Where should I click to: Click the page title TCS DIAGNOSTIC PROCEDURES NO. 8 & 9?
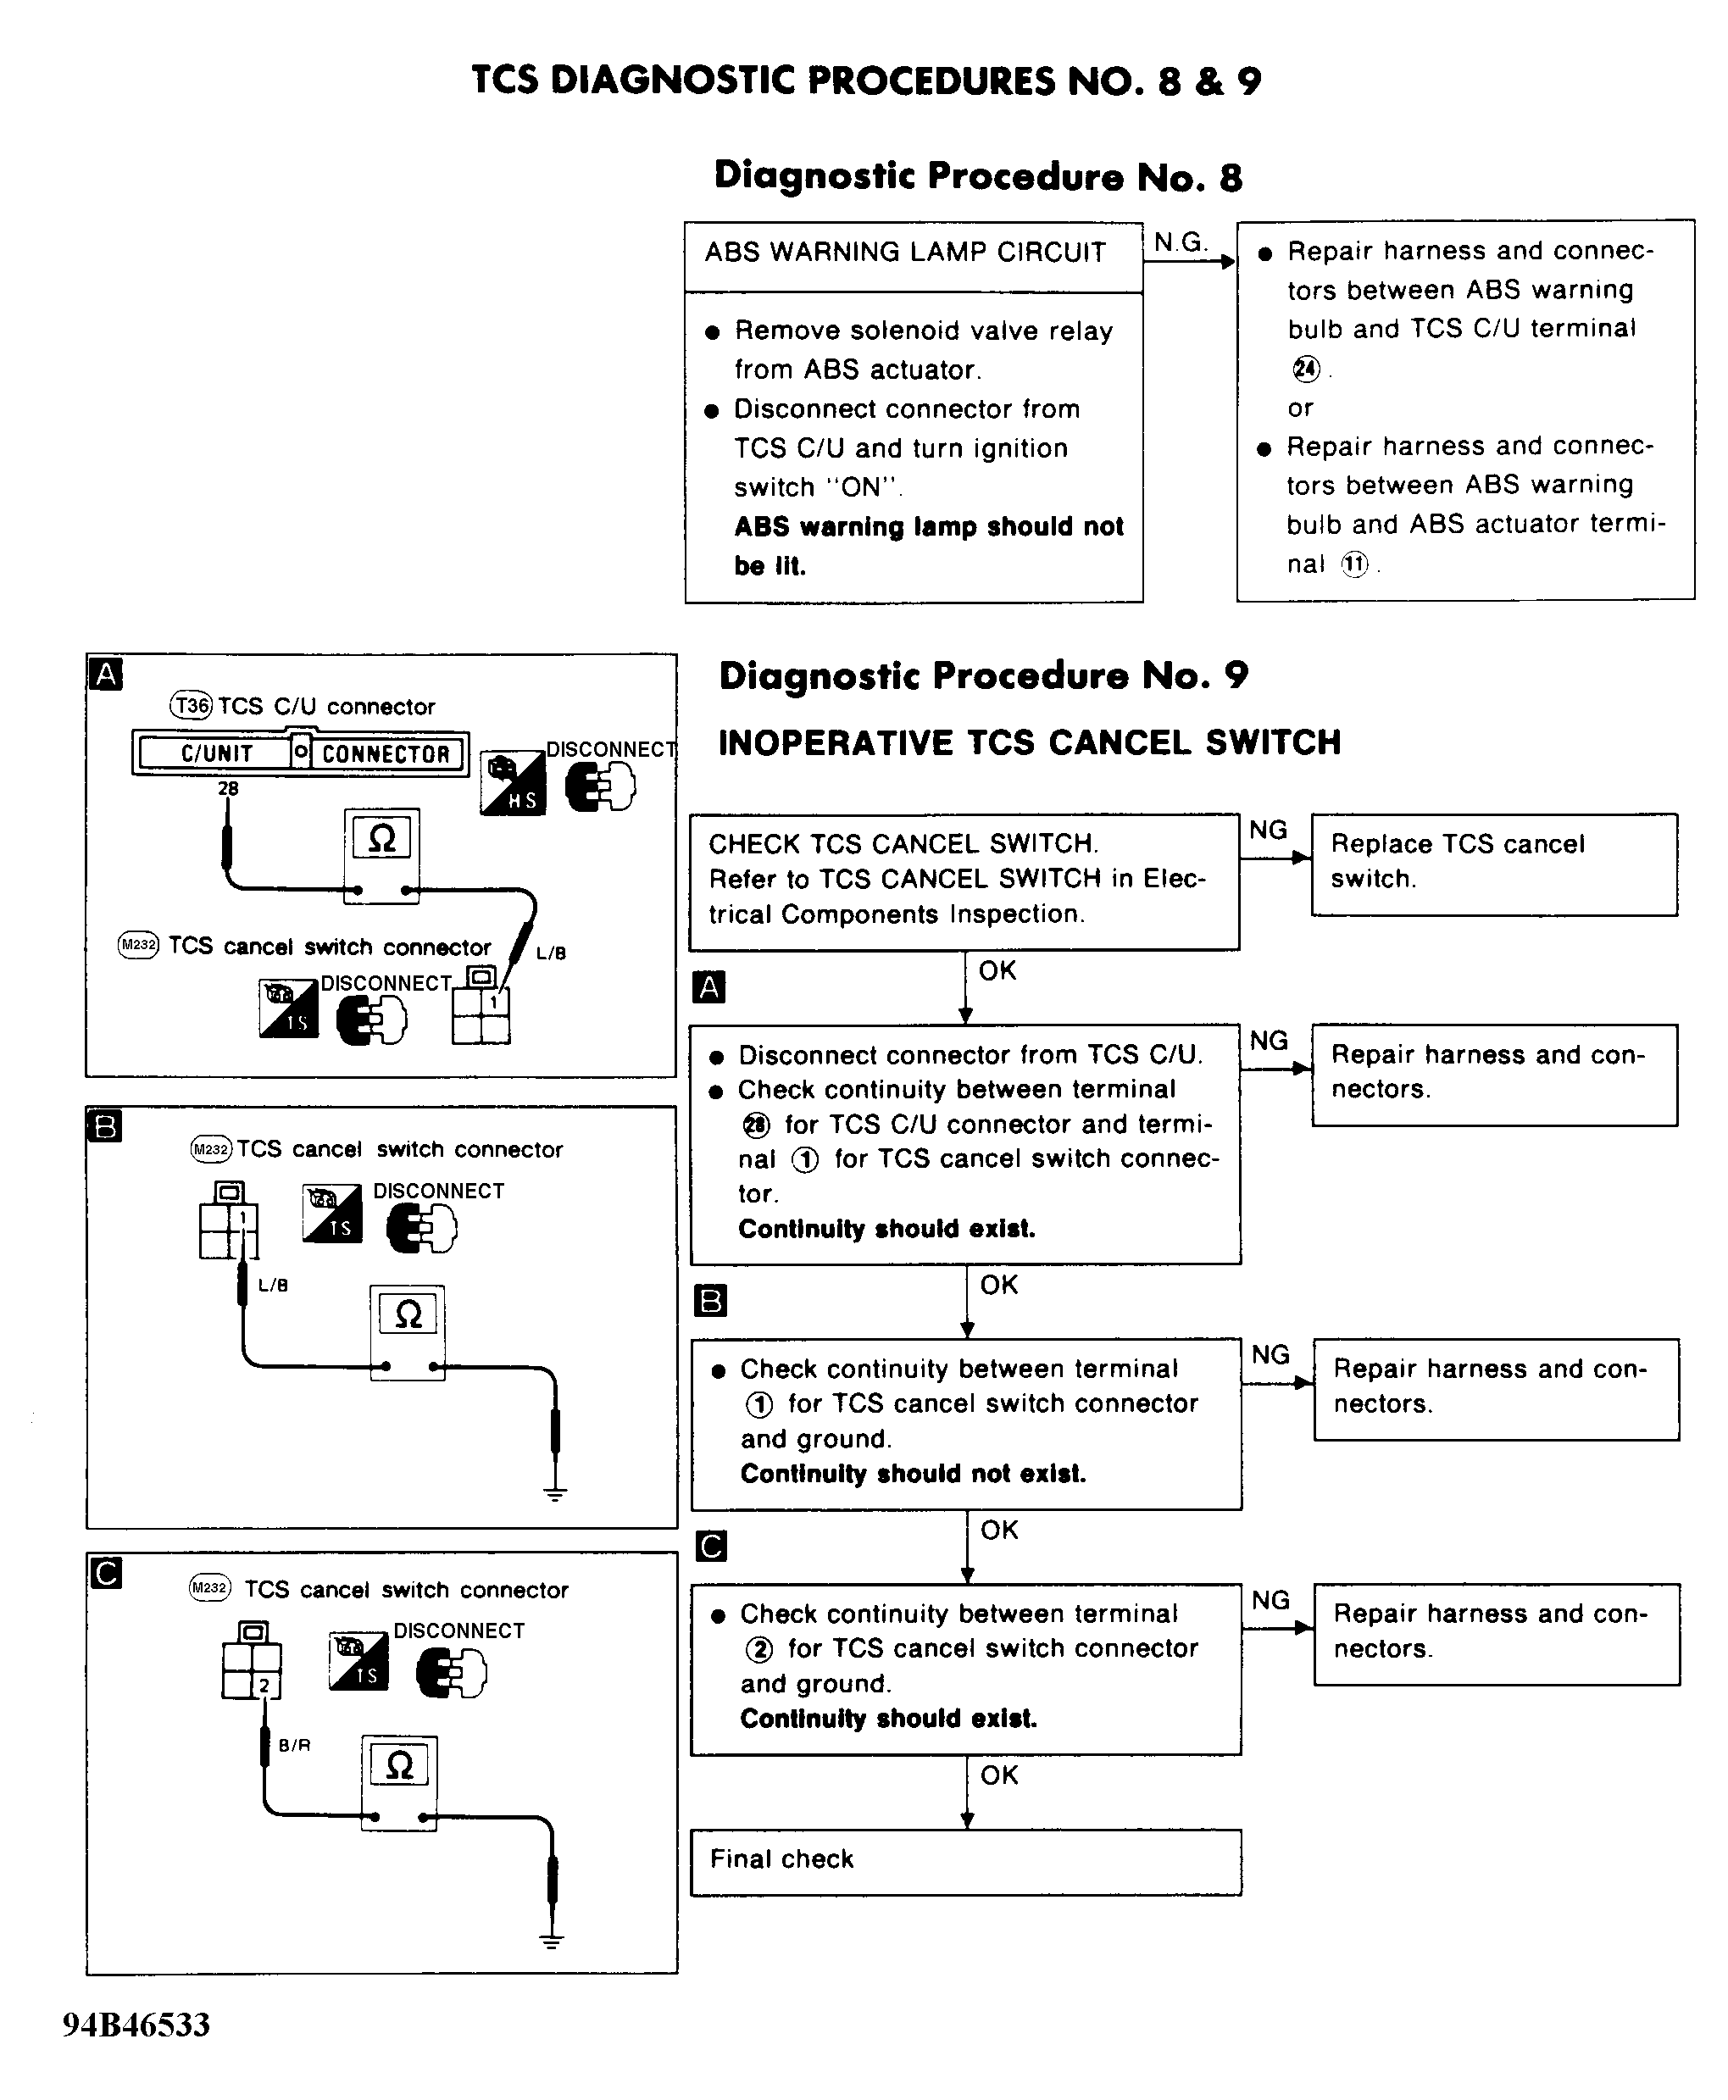click(x=866, y=81)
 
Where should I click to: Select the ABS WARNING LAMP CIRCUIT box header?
click(x=906, y=253)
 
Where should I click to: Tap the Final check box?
click(x=964, y=1859)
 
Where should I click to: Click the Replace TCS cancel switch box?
click(x=1493, y=863)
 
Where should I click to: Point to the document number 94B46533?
click(x=136, y=2025)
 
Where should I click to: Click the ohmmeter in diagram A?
click(x=381, y=854)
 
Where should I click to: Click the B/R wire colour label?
click(x=295, y=1745)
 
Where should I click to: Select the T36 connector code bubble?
click(x=192, y=706)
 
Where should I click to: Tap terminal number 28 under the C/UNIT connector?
click(x=229, y=788)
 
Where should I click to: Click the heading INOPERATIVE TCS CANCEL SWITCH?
click(x=1029, y=742)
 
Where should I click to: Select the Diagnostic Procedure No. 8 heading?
click(x=977, y=176)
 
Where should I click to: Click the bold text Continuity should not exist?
click(x=913, y=1473)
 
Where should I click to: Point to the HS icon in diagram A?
click(x=513, y=782)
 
